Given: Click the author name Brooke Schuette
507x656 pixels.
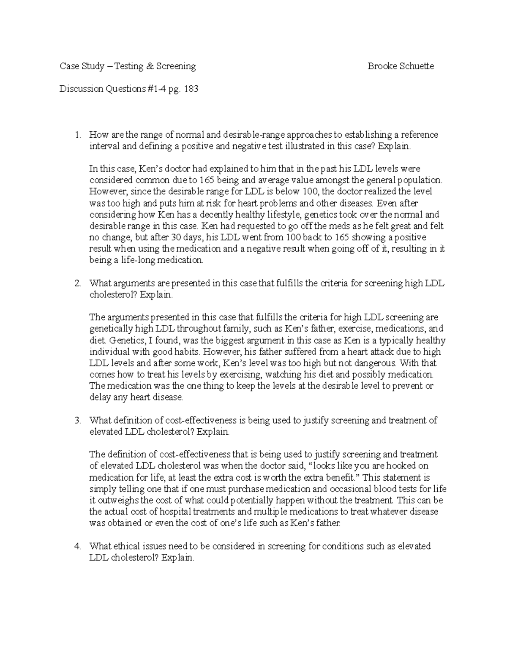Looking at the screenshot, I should click(x=401, y=66).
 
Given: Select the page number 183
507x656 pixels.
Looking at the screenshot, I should click(x=191, y=89).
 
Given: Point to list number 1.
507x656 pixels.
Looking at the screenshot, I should click(x=77, y=135).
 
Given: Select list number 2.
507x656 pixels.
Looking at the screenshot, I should click(x=77, y=283).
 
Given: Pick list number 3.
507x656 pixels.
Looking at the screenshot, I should click(x=77, y=420).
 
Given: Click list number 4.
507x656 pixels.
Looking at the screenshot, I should click(x=77, y=546).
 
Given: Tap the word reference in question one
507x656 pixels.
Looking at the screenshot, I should click(x=420, y=135).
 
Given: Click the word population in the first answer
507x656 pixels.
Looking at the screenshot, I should click(x=423, y=180).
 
